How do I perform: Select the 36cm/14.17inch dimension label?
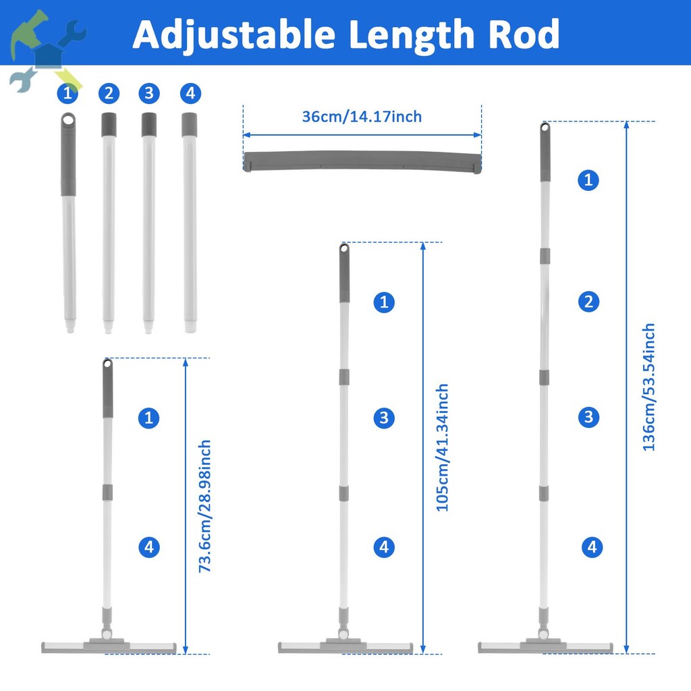(362, 116)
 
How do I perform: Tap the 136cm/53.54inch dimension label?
(648, 387)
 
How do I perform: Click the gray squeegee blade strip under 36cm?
(362, 162)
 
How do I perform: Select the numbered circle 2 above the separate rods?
(108, 93)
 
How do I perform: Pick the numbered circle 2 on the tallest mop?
(588, 301)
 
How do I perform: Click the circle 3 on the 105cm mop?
(383, 418)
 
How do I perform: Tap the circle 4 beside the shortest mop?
(148, 547)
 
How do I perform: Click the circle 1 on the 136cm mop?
(588, 179)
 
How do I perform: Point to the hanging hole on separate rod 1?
(67, 119)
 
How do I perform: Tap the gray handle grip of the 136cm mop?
(545, 155)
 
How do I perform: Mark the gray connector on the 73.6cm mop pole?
(107, 491)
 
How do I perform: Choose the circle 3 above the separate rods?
(148, 93)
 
